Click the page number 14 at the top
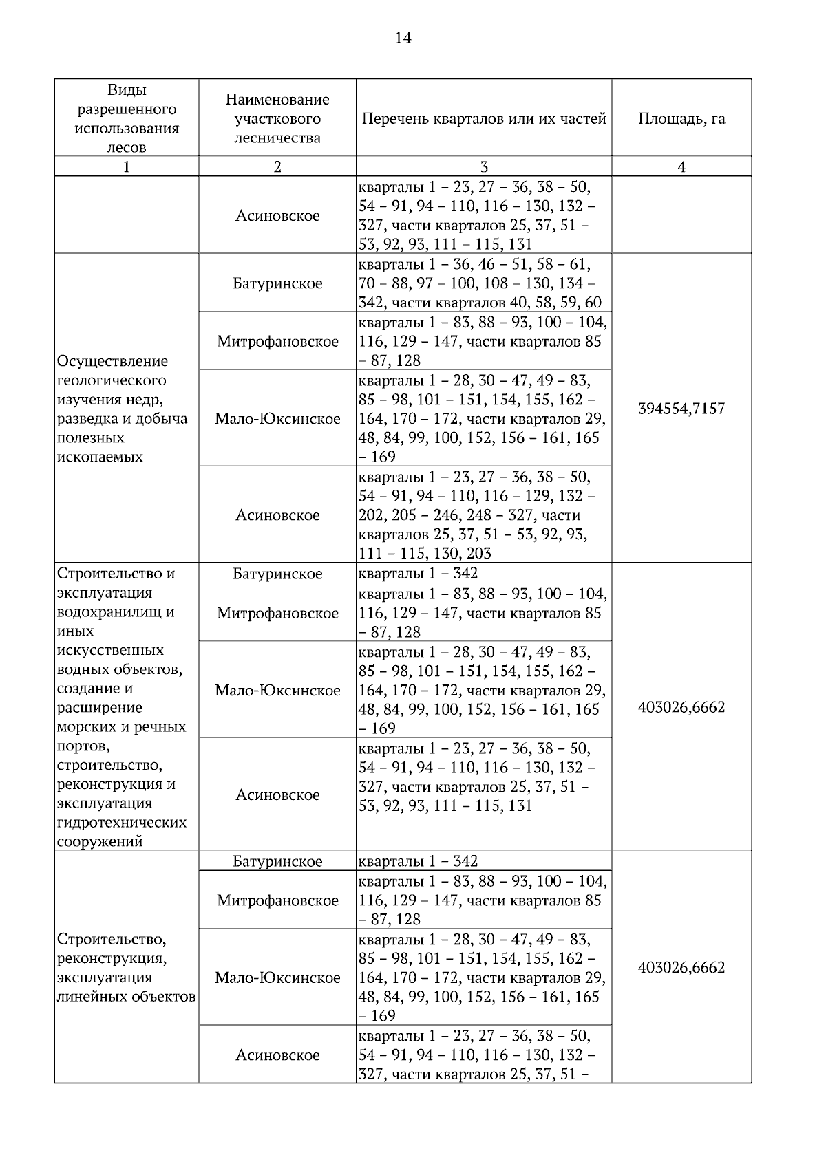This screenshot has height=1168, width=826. (x=403, y=38)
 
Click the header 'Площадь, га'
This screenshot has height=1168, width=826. (x=681, y=118)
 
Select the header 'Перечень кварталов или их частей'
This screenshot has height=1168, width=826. (x=483, y=118)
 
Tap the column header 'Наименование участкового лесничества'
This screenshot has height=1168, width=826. (x=277, y=118)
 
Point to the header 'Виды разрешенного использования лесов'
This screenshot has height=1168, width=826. (x=127, y=118)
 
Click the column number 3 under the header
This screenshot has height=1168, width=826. (x=484, y=167)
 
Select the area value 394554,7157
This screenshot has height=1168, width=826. (x=681, y=409)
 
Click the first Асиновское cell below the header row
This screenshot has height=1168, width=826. (x=277, y=216)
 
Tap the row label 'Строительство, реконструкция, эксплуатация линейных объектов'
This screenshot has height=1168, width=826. (x=126, y=968)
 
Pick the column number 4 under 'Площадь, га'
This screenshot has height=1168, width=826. (x=681, y=167)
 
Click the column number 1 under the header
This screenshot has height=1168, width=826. (x=127, y=167)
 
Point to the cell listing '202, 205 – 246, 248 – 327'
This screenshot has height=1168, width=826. (x=475, y=515)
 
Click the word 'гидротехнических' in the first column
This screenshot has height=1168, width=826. (x=122, y=823)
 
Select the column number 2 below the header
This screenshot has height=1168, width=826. (x=277, y=167)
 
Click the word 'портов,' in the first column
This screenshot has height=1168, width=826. (x=82, y=746)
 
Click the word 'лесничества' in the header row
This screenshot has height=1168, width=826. (x=277, y=138)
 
